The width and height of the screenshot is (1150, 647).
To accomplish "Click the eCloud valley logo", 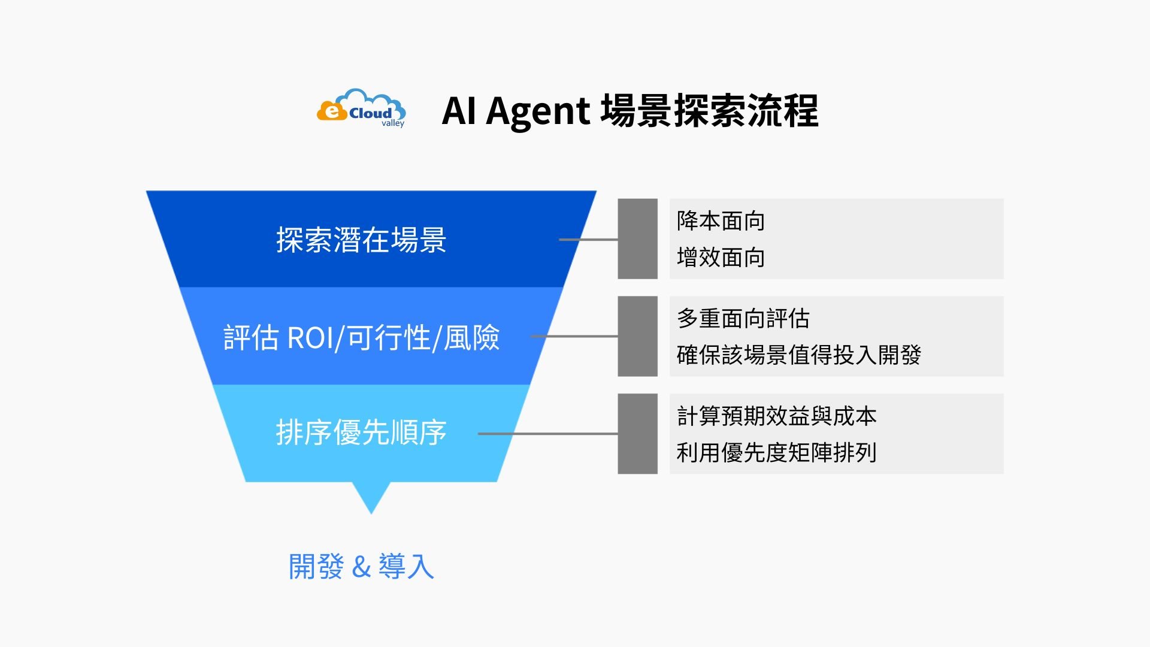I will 361,108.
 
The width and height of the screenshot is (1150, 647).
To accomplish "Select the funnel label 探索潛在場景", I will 361,240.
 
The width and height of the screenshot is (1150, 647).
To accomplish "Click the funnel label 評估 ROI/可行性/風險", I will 361,337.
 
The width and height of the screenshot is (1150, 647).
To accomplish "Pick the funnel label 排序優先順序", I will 361,433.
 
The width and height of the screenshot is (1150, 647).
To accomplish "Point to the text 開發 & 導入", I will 361,566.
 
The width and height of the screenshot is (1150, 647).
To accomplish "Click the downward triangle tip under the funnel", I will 371,500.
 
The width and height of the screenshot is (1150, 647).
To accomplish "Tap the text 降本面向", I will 721,221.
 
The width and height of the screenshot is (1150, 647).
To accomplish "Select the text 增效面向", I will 721,258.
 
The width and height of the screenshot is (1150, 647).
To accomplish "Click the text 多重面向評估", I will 743,319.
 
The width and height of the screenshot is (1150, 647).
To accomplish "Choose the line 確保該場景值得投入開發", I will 798,355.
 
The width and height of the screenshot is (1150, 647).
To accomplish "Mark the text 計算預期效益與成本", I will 776,416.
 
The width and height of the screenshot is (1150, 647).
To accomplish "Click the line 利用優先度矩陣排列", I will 776,452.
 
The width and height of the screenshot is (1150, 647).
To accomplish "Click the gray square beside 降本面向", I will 637,239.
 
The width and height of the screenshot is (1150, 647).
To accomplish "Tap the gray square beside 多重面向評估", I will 637,336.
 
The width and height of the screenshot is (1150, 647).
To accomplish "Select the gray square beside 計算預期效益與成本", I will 637,434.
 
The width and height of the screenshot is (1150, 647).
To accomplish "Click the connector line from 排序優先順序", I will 547,434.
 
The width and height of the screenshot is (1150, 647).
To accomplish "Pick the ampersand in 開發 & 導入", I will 361,567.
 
